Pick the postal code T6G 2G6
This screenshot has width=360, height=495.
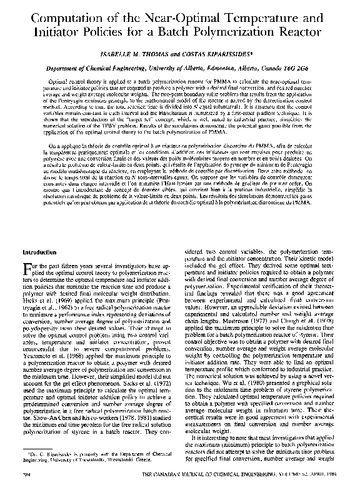point(303,68)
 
